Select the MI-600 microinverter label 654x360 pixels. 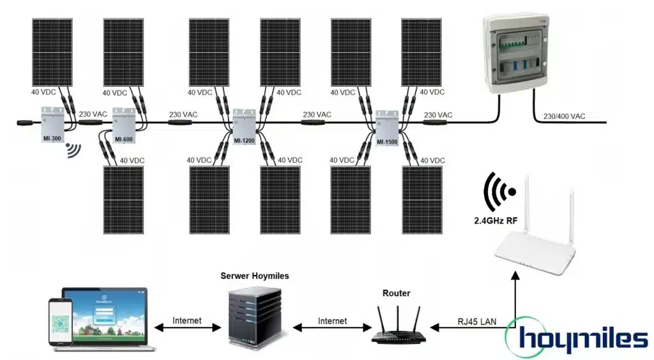tap(123, 139)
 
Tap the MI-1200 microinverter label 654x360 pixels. tap(244, 140)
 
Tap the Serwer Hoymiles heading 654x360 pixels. tap(255, 276)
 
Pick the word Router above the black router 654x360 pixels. tap(396, 293)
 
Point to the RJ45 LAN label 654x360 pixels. tap(475, 321)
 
